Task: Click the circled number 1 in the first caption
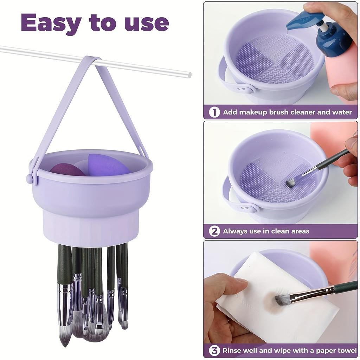214,112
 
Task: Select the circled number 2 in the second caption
214,231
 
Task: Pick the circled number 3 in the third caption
214,351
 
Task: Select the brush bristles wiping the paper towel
283,299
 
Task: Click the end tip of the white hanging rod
189,75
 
